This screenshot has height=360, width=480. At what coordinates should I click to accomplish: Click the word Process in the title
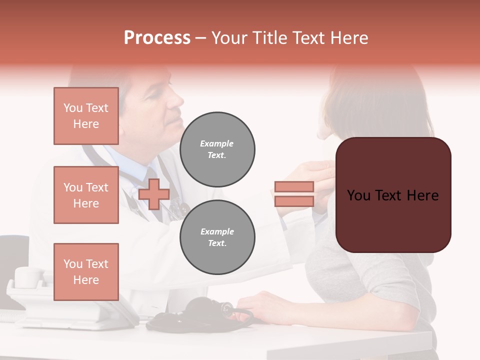coord(157,38)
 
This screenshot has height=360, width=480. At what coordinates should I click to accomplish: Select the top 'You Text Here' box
coord(86,116)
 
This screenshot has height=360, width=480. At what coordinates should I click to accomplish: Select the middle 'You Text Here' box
coord(86,195)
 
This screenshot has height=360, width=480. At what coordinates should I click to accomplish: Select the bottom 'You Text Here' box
coord(86,271)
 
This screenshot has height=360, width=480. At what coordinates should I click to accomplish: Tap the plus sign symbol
coord(154,194)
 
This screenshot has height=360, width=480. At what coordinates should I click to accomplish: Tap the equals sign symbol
coord(294,194)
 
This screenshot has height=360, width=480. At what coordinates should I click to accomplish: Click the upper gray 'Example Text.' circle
coord(217,149)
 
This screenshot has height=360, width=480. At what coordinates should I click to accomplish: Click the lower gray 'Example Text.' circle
coord(217,237)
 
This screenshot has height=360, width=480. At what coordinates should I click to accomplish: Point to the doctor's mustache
coord(175,110)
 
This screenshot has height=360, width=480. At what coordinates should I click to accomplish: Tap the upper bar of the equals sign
coord(294,186)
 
